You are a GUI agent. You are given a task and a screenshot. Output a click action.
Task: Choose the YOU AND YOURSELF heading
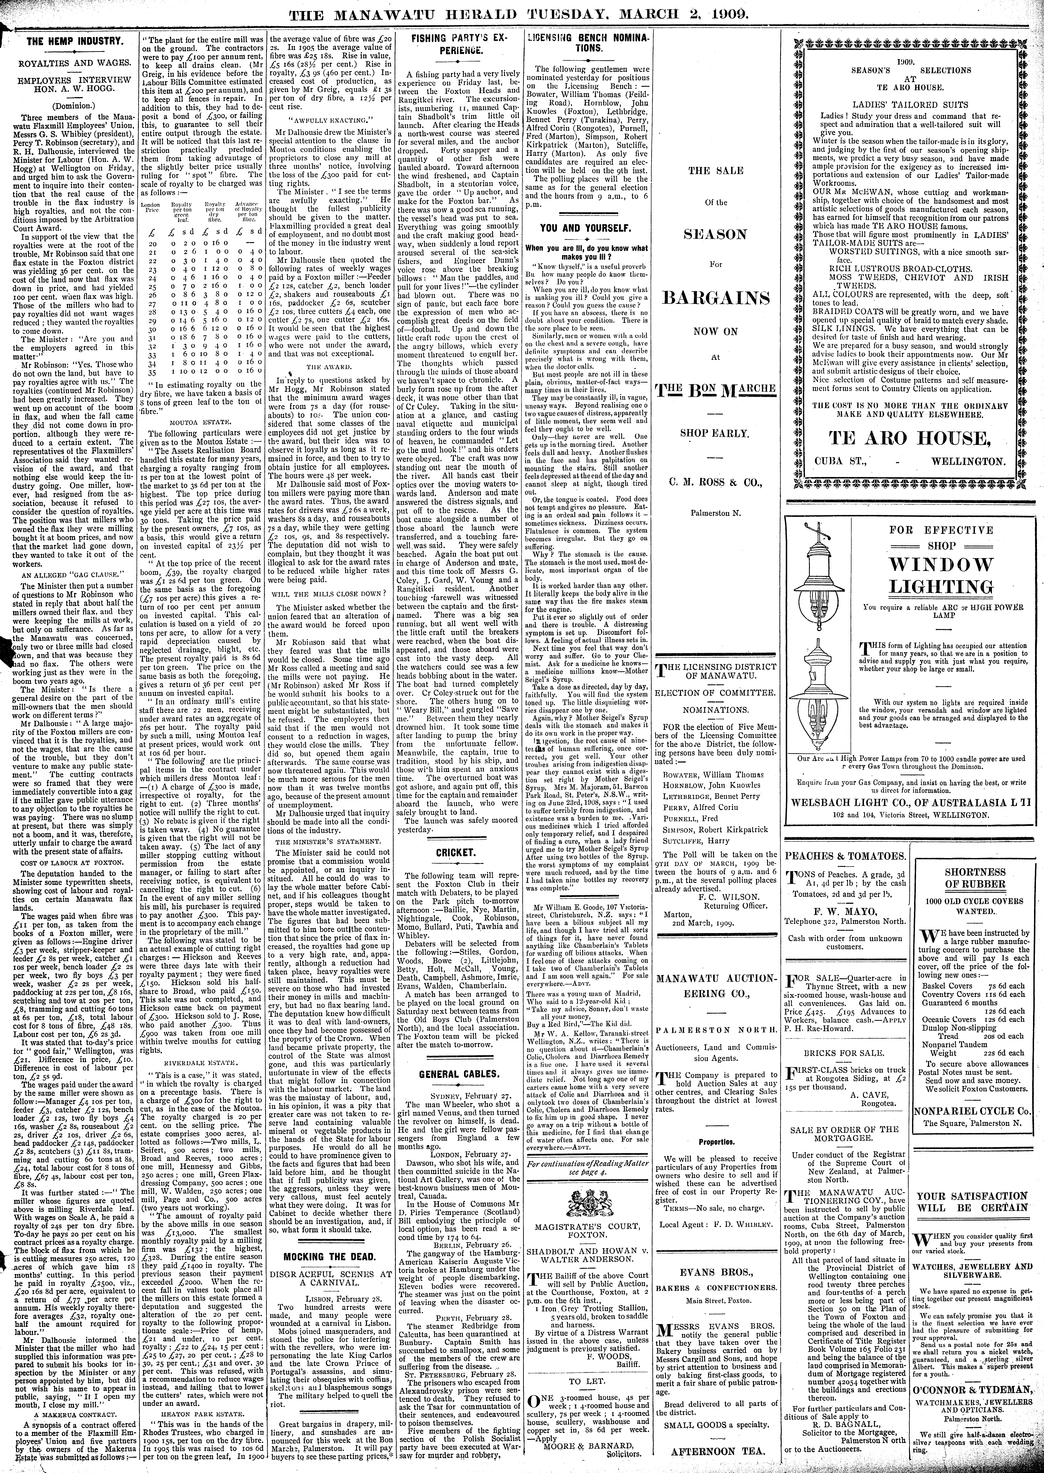pyautogui.click(x=585, y=227)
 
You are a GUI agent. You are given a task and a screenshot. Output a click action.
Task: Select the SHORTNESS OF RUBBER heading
pyautogui.click(x=975, y=878)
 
